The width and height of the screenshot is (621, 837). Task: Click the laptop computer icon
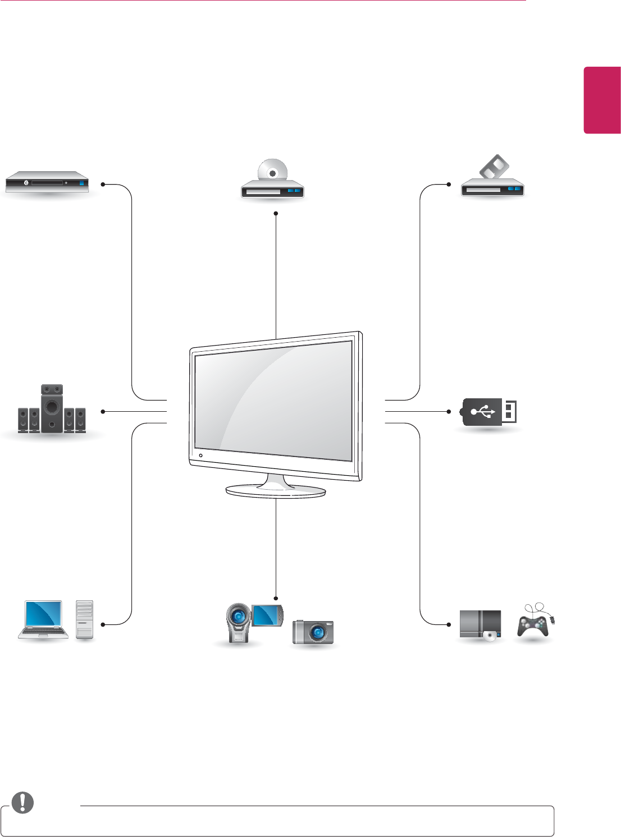pyautogui.click(x=43, y=619)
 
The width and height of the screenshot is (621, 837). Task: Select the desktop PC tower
pyautogui.click(x=84, y=619)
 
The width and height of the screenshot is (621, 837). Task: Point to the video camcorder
pyautogui.click(x=239, y=623)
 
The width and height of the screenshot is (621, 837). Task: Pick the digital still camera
pyautogui.click(x=313, y=632)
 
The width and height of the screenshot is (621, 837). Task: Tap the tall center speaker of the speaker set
pyautogui.click(x=52, y=408)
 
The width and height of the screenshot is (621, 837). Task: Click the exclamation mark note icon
pyautogui.click(x=22, y=803)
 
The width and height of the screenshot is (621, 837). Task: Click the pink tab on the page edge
pyautogui.click(x=602, y=100)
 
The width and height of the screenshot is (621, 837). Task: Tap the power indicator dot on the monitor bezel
pyautogui.click(x=200, y=456)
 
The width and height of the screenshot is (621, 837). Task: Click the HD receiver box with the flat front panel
pyautogui.click(x=47, y=182)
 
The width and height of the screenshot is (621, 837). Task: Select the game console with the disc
pyautogui.click(x=480, y=624)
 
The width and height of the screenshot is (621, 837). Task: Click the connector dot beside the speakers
pyautogui.click(x=103, y=412)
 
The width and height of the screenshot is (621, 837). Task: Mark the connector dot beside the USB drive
pyautogui.click(x=449, y=412)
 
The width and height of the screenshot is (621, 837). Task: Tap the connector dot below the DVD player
pyautogui.click(x=276, y=213)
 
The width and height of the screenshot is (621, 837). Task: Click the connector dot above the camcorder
pyautogui.click(x=276, y=598)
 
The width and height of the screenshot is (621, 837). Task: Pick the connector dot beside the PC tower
pyautogui.click(x=103, y=624)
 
